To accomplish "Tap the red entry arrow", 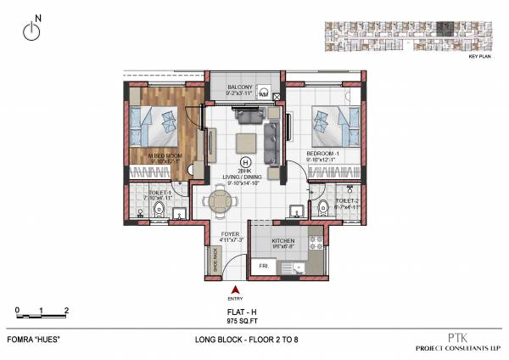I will point(235,290).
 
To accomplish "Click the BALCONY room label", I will point(243,87).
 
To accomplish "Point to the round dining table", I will point(221,202).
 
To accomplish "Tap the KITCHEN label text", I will point(283,241).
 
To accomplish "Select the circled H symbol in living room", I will point(246,161).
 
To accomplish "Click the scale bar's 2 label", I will point(67,310).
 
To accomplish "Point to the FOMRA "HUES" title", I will point(39,340).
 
